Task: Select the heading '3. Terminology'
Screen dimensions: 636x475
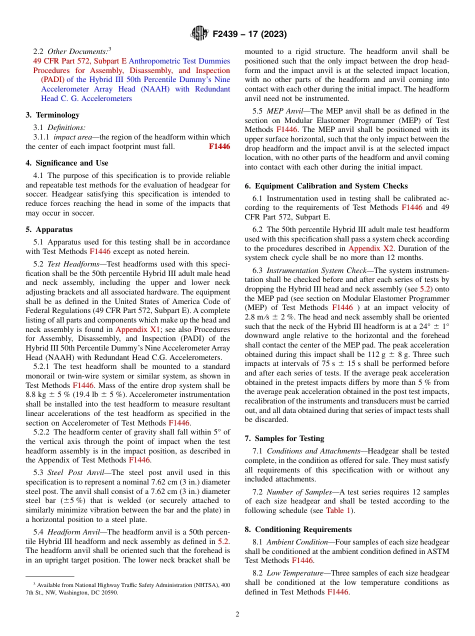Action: tap(52, 115)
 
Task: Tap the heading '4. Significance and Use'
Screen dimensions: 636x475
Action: tap(67, 163)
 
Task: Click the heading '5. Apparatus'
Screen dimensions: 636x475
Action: tap(49, 229)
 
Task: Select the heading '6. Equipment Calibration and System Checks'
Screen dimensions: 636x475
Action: tap(326, 186)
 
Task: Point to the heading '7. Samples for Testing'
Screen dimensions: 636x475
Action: tap(284, 438)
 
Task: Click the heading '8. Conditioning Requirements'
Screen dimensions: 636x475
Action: tap(298, 529)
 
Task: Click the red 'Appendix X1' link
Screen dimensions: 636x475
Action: tap(136, 329)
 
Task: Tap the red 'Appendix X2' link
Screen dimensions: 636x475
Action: tap(371, 248)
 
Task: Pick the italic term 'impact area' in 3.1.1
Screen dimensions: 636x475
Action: tap(72, 137)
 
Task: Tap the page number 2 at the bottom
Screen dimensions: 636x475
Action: tap(237, 614)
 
